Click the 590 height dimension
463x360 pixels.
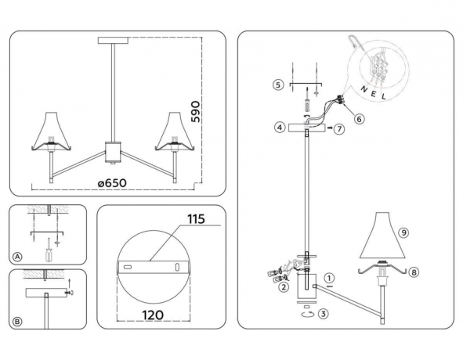pyautogui.click(x=208, y=111)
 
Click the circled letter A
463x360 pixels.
pyautogui.click(x=17, y=256)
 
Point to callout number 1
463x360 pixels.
pyautogui.click(x=330, y=277)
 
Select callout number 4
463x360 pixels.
pyautogui.click(x=279, y=126)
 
